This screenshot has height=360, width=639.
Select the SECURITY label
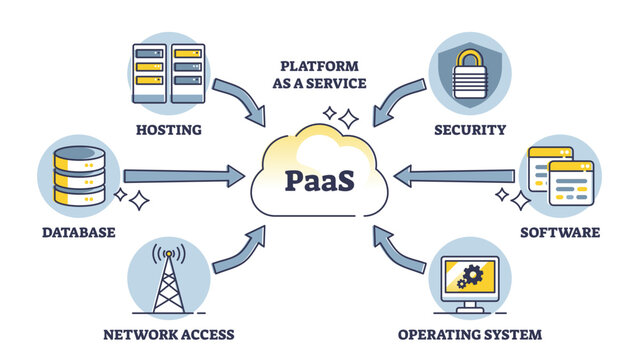tap(470, 129)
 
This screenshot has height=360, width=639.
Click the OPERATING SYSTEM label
tap(470, 333)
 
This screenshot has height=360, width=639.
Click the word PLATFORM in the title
tap(317, 67)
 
